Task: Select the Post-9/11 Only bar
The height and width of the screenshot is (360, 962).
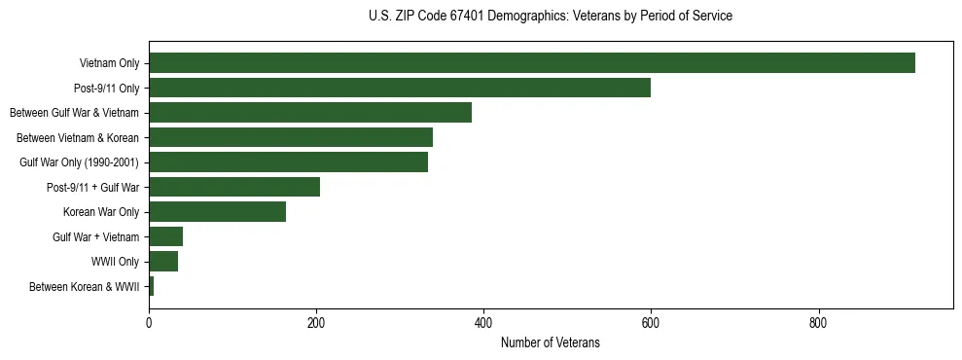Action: [399, 88]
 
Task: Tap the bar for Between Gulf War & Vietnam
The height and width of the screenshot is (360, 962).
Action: [309, 113]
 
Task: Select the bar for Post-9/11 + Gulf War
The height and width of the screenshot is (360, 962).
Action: [233, 187]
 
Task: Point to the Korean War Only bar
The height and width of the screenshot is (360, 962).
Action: [217, 212]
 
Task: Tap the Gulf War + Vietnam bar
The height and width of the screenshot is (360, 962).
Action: [165, 236]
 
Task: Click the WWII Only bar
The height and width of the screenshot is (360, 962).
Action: [163, 262]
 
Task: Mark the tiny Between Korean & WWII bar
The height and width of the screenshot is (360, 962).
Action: [151, 286]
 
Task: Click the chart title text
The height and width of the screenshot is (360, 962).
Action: [551, 17]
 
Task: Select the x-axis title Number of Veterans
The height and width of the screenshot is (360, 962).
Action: [550, 343]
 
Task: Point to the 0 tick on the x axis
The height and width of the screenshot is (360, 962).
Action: [149, 323]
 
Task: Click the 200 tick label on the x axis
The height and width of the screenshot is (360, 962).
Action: [316, 323]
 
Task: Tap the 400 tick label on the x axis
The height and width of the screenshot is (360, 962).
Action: [483, 323]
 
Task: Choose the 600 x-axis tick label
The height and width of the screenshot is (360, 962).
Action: [651, 323]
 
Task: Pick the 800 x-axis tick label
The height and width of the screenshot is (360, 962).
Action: [818, 323]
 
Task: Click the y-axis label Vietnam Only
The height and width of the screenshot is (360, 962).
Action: [109, 63]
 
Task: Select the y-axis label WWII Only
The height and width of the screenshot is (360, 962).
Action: [115, 262]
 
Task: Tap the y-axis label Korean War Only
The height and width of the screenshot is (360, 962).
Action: [101, 212]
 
